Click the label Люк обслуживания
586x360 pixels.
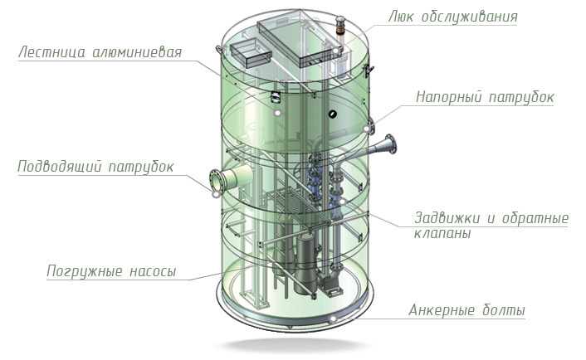coord(453,17)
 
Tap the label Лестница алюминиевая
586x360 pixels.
coord(100,52)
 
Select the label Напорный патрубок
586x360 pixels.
coord(485,97)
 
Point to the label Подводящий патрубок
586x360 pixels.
coord(95,167)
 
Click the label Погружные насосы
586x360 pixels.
coord(111,271)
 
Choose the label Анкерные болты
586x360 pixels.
coord(466,310)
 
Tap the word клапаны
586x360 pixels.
coord(442,233)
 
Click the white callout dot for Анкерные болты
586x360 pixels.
coord(333,319)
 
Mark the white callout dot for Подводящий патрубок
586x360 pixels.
coord(216,194)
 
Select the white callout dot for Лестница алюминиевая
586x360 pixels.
coord(277,113)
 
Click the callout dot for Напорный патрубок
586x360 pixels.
coord(366,129)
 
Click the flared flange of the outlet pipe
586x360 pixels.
coord(391,144)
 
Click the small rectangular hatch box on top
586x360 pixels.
coord(250,53)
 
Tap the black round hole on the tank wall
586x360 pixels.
coord(331,114)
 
